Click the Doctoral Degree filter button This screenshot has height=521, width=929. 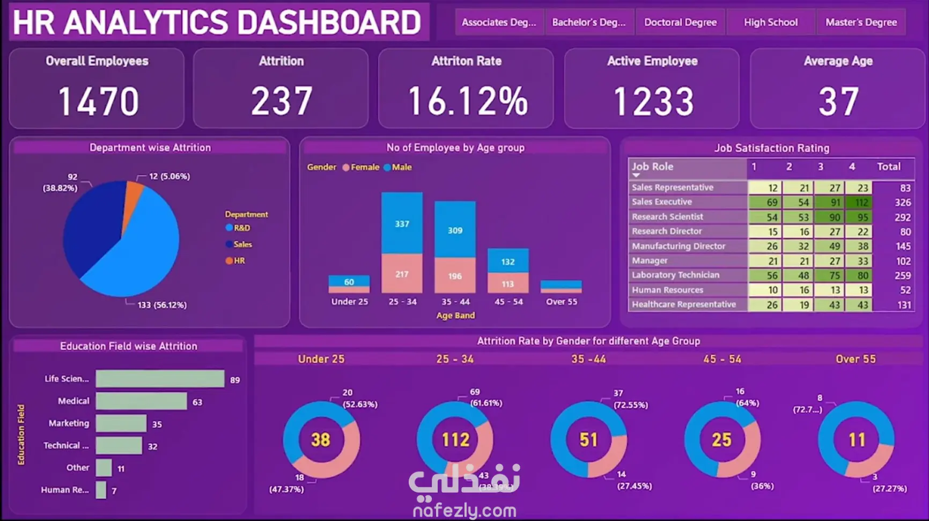[x=680, y=23]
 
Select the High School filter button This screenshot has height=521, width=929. [x=770, y=23]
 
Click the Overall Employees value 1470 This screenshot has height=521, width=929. [x=98, y=102]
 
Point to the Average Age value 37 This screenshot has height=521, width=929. [x=838, y=102]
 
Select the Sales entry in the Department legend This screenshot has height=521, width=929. [x=242, y=244]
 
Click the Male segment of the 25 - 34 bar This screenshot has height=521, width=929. [x=402, y=223]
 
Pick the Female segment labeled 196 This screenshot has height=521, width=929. [x=455, y=276]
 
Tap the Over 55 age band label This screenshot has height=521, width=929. [x=561, y=302]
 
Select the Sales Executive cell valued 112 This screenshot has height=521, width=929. [x=859, y=202]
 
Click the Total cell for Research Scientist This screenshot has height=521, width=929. [x=902, y=217]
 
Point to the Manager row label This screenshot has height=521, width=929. [x=650, y=260]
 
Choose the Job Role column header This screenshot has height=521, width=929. [x=652, y=167]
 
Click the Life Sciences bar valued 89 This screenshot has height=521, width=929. [x=160, y=379]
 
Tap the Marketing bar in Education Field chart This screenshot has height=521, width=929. [x=121, y=423]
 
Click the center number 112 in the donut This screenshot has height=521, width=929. [x=455, y=440]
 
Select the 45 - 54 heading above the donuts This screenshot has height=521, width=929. [x=722, y=359]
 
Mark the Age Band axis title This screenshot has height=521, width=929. [x=455, y=315]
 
